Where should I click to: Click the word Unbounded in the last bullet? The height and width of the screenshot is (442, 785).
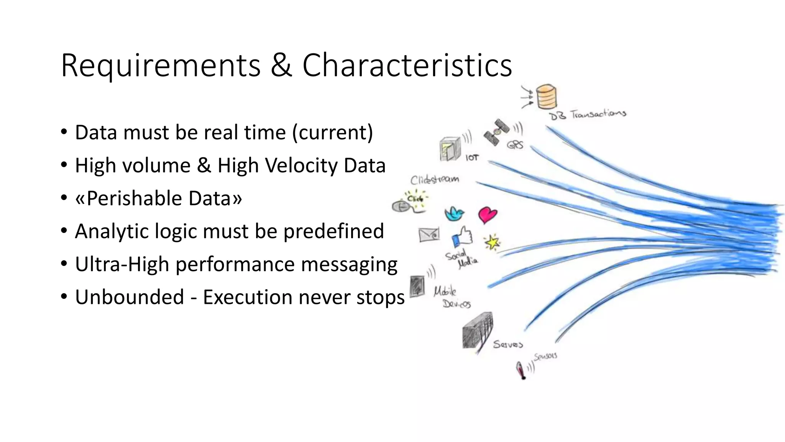pyautogui.click(x=130, y=297)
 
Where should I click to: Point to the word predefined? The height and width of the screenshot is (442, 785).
pyautogui.click(x=333, y=232)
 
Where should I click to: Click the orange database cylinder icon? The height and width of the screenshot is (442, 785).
pyautogui.click(x=546, y=97)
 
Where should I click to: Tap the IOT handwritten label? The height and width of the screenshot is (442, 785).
pyautogui.click(x=472, y=158)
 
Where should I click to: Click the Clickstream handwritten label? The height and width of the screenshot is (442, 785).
pyautogui.click(x=434, y=180)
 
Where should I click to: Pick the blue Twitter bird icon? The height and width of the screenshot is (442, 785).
pyautogui.click(x=455, y=214)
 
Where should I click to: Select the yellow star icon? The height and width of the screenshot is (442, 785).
pyautogui.click(x=492, y=242)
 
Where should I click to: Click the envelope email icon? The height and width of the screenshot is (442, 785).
pyautogui.click(x=429, y=234)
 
